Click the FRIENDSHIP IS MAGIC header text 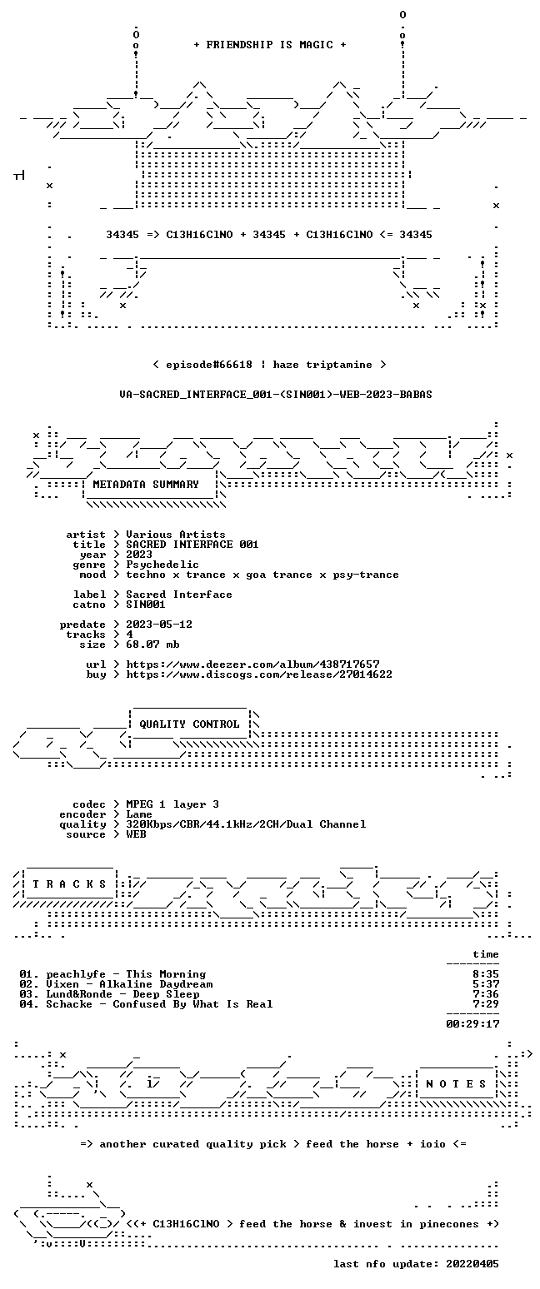tap(270, 45)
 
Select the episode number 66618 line tap(270, 365)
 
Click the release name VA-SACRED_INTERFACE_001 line tap(276, 395)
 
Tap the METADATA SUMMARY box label tap(146, 485)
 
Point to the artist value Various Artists tap(176, 535)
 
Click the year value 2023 tap(139, 555)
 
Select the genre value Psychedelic tap(162, 565)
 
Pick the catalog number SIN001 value tap(146, 605)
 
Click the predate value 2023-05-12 tap(159, 625)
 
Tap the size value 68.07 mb tap(152, 644)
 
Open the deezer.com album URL tap(252, 664)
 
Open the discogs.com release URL tap(259, 674)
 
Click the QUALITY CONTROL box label tap(189, 724)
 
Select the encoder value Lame tap(139, 814)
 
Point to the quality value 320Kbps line tap(246, 824)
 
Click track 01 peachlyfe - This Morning tap(112, 974)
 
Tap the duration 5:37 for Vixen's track tap(486, 984)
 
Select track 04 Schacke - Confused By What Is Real tap(146, 1004)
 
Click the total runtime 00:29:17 tap(472, 1024)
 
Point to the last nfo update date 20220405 tap(472, 1264)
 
